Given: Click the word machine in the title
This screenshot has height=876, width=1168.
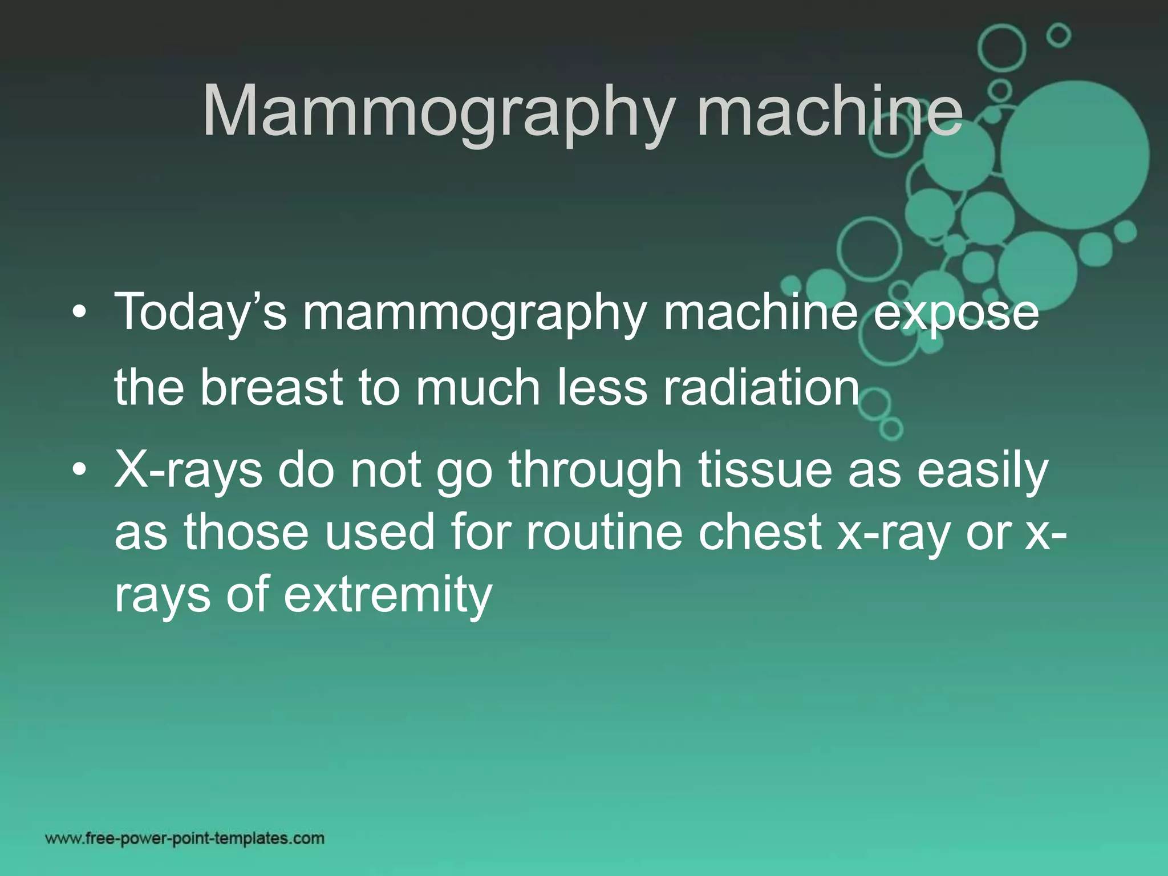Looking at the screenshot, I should tap(830, 111).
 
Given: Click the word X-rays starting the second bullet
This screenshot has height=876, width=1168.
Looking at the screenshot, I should tap(188, 471).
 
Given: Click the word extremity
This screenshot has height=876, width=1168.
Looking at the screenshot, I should tap(388, 594).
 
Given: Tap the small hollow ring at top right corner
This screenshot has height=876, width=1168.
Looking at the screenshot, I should tap(1059, 36).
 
